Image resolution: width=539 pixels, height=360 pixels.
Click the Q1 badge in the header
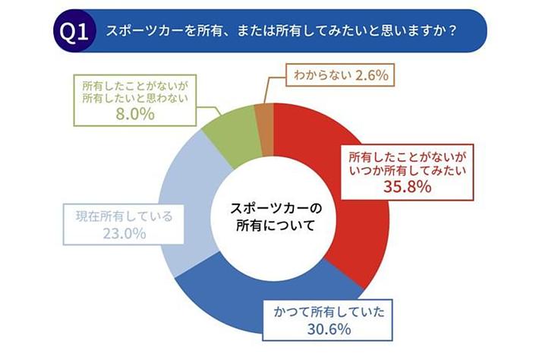pos(74,31)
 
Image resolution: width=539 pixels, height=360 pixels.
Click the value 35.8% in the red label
pos(408,187)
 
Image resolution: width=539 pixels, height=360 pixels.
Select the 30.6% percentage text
pos(329,329)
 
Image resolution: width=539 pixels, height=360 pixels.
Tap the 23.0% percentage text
pos(125,234)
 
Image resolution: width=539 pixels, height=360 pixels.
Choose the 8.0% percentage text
pos(135,114)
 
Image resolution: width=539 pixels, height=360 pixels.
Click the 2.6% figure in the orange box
pos(371,75)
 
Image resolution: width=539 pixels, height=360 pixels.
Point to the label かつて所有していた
pos(329,312)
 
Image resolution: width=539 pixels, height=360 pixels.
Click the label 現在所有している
pos(124,216)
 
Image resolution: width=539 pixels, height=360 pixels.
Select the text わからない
pos(323,75)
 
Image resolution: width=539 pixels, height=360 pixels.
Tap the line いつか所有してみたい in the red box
pos(408,171)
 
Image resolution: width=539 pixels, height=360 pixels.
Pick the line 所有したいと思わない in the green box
pos(135,98)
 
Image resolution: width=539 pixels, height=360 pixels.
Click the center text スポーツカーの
pos(276,208)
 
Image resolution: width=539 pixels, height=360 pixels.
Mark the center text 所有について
pos(276,226)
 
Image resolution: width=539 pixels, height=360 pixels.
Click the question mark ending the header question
pos(452,31)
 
